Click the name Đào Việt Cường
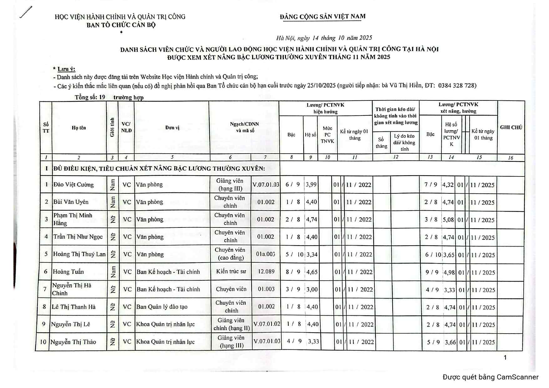pos(74,185)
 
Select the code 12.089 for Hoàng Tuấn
pos(266,272)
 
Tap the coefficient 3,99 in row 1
pos(311,185)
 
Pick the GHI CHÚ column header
pos(511,127)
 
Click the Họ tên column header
pos(79,128)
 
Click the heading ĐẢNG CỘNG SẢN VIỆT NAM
pos(323,17)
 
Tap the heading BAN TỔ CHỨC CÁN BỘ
pos(121,25)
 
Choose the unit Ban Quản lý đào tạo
pos(162,307)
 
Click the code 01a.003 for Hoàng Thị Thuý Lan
pos(266,254)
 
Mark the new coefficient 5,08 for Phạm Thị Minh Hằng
pos(448,220)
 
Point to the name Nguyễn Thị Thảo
pos(73,342)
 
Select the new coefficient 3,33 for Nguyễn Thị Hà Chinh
pos(449,290)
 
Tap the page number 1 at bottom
pos(505,358)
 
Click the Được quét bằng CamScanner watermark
pos(491,377)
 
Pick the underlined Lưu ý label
pos(66,69)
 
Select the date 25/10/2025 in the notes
pos(321,85)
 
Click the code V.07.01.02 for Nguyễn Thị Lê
pos(267,324)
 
